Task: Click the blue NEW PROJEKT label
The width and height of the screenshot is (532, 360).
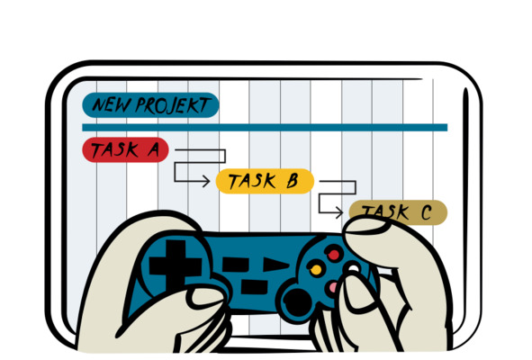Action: pyautogui.click(x=150, y=105)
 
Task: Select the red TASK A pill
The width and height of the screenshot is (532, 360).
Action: pyautogui.click(x=125, y=149)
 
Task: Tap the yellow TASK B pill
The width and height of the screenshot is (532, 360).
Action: pyautogui.click(x=265, y=181)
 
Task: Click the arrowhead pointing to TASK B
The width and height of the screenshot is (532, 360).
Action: pyautogui.click(x=206, y=181)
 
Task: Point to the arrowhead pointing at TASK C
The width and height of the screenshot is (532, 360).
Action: pyautogui.click(x=339, y=212)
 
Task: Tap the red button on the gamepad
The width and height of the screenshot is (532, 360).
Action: pyautogui.click(x=334, y=254)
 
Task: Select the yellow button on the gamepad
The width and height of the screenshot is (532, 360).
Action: pyautogui.click(x=316, y=269)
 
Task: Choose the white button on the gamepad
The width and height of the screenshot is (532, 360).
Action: pyautogui.click(x=353, y=268)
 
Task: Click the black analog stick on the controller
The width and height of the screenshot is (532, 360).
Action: pyautogui.click(x=297, y=302)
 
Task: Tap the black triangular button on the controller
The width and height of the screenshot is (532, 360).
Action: pyautogui.click(x=276, y=265)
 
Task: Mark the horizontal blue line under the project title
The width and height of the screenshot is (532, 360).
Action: pyautogui.click(x=265, y=128)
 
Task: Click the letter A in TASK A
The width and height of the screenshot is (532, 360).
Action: pyautogui.click(x=154, y=149)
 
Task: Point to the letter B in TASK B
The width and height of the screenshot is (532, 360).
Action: pyautogui.click(x=293, y=181)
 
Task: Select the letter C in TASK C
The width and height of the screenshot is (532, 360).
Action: pyautogui.click(x=426, y=212)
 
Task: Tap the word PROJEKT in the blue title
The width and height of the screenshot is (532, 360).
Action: pyautogui.click(x=173, y=104)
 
